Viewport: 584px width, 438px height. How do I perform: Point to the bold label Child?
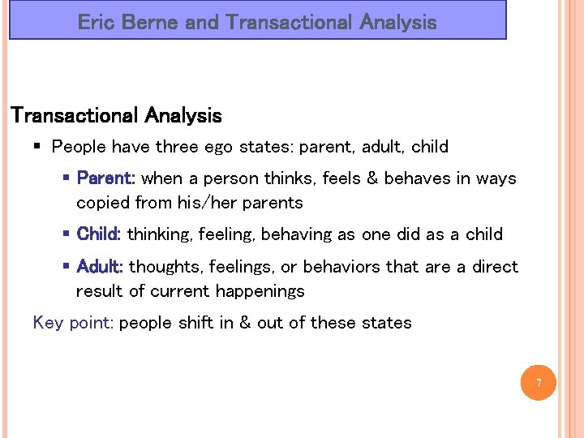pos(98,234)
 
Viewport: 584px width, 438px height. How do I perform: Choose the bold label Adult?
pos(99,267)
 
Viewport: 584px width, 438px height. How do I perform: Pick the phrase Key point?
pos(72,323)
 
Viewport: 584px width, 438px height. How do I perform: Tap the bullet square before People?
pos(38,147)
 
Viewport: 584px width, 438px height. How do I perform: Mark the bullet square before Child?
pos(66,234)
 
